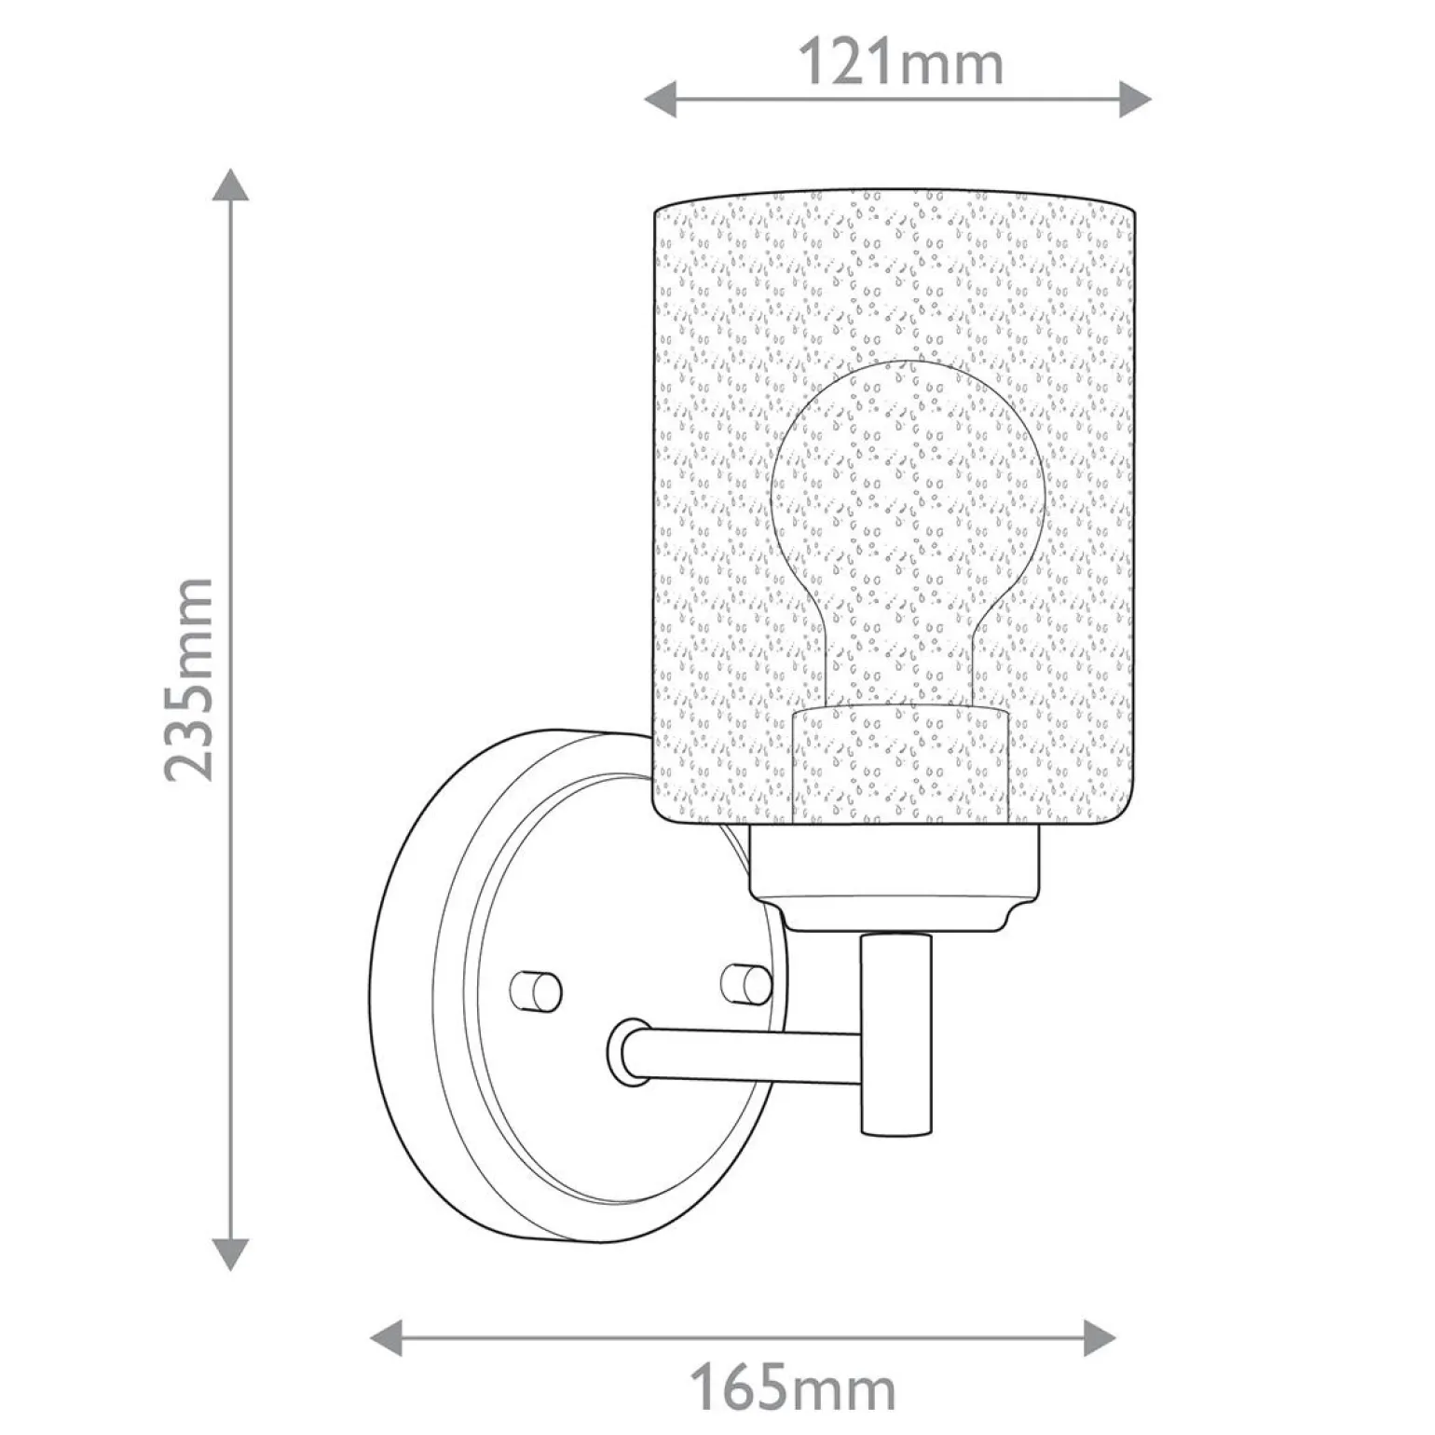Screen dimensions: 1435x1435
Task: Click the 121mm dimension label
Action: tap(902, 63)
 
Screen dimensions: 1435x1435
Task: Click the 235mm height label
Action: tap(189, 679)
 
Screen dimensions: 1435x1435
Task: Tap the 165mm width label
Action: tap(792, 1390)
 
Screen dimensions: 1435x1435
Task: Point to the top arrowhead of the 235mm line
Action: tap(230, 184)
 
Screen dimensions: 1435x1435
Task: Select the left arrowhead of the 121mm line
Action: tap(661, 98)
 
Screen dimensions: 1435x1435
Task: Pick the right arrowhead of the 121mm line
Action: tap(1135, 98)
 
